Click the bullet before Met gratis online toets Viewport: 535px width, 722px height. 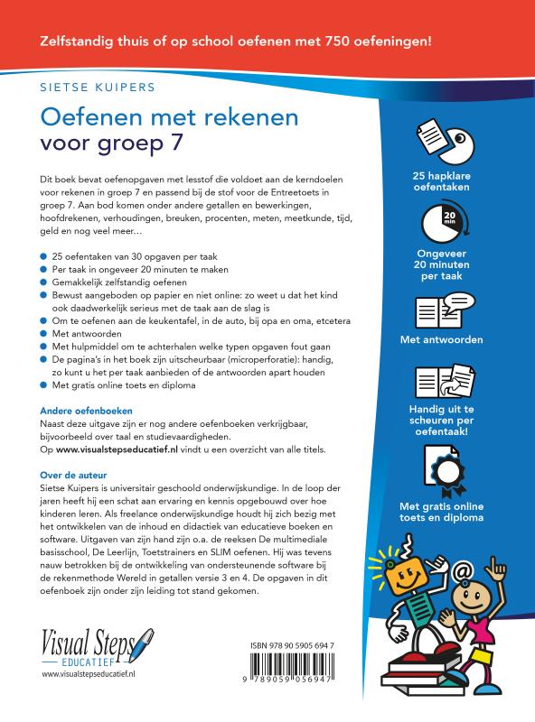click(46, 386)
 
